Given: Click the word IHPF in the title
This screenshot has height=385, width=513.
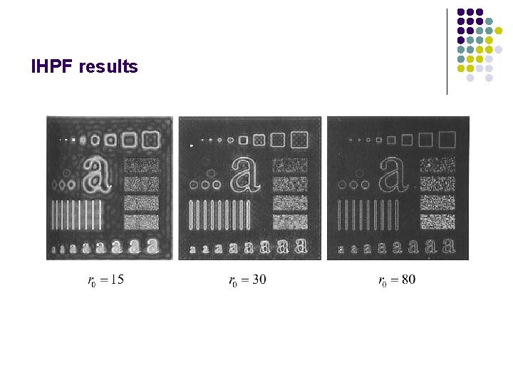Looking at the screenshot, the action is (x=53, y=68).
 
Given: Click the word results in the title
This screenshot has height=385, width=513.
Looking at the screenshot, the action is (x=109, y=68).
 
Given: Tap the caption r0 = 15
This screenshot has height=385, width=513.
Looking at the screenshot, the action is (x=105, y=280).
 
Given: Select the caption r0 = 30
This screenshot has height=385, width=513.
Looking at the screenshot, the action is (x=247, y=280).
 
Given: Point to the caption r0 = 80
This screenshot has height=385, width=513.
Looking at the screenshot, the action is (x=397, y=280).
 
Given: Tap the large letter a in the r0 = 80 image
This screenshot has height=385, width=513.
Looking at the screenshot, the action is (x=391, y=175).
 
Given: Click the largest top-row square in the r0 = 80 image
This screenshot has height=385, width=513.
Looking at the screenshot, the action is (x=447, y=138).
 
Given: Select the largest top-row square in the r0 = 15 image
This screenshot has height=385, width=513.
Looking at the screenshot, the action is (x=150, y=140).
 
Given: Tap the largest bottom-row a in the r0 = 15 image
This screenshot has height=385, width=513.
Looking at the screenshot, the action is (x=151, y=246).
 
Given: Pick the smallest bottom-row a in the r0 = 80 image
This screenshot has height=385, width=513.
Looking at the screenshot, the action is (x=342, y=250).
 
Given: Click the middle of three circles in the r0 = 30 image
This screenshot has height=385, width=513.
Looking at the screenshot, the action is (x=206, y=185).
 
